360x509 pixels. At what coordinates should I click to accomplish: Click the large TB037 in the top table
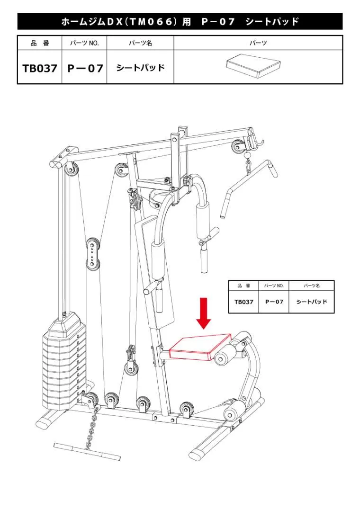click(40, 68)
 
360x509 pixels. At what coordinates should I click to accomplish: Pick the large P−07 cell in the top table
click(85, 68)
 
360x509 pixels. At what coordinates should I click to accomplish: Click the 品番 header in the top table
click(40, 43)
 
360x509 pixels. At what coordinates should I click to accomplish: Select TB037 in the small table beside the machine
click(244, 302)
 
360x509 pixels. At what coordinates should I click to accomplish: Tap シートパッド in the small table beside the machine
click(312, 302)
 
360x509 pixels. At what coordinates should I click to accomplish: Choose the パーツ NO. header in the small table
click(274, 286)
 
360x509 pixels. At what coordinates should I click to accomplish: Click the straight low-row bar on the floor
click(87, 451)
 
